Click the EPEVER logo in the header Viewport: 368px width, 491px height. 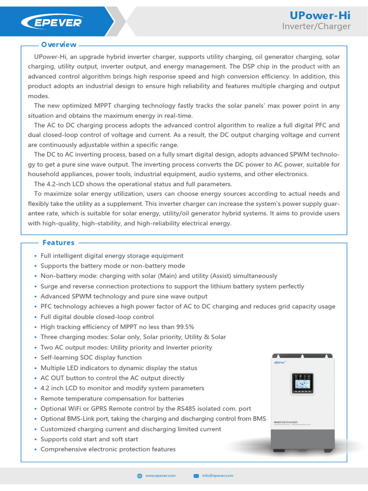(x=51, y=22)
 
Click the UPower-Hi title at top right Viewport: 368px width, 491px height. (x=325, y=15)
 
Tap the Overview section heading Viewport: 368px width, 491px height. (x=58, y=45)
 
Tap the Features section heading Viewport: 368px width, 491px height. (x=58, y=243)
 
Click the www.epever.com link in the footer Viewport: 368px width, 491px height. (x=161, y=475)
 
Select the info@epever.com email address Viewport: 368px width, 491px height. (x=218, y=475)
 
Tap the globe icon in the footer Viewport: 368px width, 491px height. (x=139, y=476)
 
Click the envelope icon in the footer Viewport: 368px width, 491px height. (x=196, y=476)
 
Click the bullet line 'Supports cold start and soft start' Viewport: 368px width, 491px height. (x=89, y=439)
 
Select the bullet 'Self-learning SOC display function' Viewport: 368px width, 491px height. (x=91, y=358)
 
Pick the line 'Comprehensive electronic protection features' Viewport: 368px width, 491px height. (x=108, y=449)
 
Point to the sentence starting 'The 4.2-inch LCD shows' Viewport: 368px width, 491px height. (x=126, y=184)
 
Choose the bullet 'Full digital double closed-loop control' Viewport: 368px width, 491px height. (x=97, y=317)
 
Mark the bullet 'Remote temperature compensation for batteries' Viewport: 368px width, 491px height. (x=112, y=398)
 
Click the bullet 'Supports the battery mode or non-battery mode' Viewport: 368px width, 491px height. (x=113, y=266)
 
